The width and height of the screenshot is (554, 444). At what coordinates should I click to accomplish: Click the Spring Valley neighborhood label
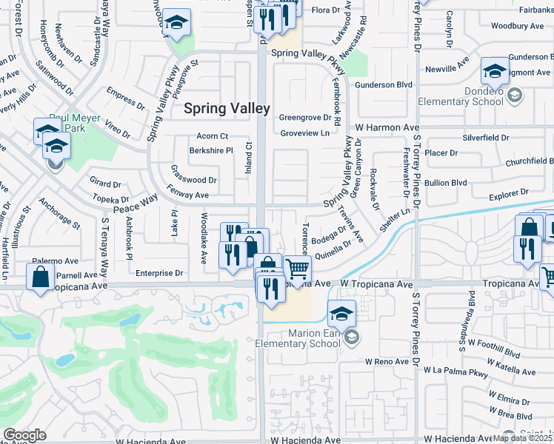[227, 108]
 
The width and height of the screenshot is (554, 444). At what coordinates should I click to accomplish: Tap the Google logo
[24, 435]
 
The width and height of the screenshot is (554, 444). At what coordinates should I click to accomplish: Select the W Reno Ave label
[387, 361]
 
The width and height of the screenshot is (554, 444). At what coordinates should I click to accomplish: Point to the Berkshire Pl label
[210, 149]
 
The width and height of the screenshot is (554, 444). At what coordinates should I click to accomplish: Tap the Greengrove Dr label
[304, 117]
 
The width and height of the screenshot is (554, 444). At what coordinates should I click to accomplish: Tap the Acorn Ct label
[212, 136]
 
